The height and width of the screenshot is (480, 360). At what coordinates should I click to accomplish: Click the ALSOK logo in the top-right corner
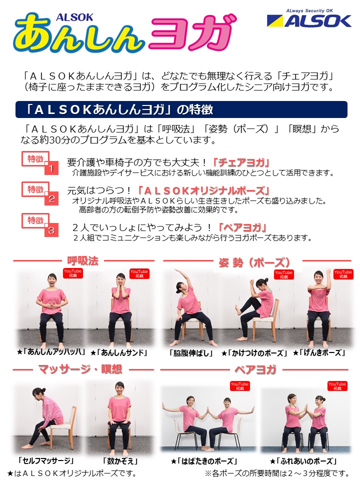pos(309,18)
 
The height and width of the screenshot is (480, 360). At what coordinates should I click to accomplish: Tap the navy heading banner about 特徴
pos(181,109)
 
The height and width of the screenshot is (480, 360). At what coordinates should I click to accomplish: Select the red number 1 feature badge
pos(40,163)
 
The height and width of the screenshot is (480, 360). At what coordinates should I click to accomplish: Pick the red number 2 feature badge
pos(40,193)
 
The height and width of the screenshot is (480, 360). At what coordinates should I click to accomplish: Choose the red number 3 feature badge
pos(40,225)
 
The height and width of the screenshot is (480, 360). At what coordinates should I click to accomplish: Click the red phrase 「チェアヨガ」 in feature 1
pos(241,162)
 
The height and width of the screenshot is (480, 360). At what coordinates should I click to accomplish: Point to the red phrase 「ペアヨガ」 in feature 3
pos(242,227)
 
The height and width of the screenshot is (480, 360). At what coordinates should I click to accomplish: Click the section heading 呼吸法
pos(83,261)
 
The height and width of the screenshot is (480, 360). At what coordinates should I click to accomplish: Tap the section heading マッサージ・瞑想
pos(80,369)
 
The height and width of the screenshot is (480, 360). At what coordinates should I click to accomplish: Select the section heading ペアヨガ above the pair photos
pos(255,369)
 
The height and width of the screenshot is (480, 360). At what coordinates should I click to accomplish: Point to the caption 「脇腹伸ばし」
pos(191,353)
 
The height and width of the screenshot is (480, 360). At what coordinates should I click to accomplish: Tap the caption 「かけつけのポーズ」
pos(254,353)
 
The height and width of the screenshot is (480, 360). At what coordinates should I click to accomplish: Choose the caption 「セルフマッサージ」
pos(45,460)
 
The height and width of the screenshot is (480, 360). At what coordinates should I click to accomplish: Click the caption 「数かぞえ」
pos(120,460)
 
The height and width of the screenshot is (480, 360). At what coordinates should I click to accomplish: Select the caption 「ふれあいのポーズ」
pos(303,460)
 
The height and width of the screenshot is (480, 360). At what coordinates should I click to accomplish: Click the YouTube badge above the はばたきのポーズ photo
pos(239,386)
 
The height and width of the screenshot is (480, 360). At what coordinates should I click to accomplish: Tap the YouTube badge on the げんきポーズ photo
pos(343,274)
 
